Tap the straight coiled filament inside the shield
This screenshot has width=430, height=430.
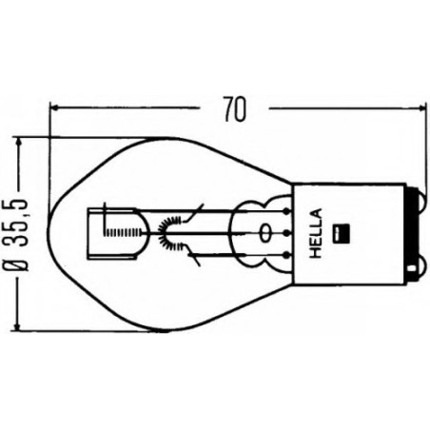point(124,232)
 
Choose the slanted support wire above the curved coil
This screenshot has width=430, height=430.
point(198,211)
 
